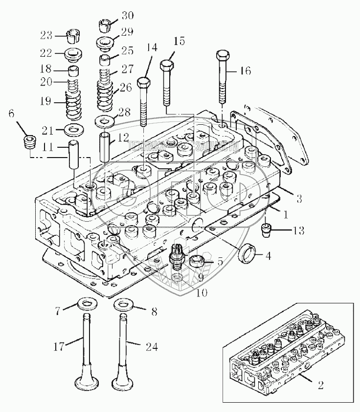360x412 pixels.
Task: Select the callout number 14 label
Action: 152,47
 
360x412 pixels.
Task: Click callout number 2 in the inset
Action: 321,385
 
